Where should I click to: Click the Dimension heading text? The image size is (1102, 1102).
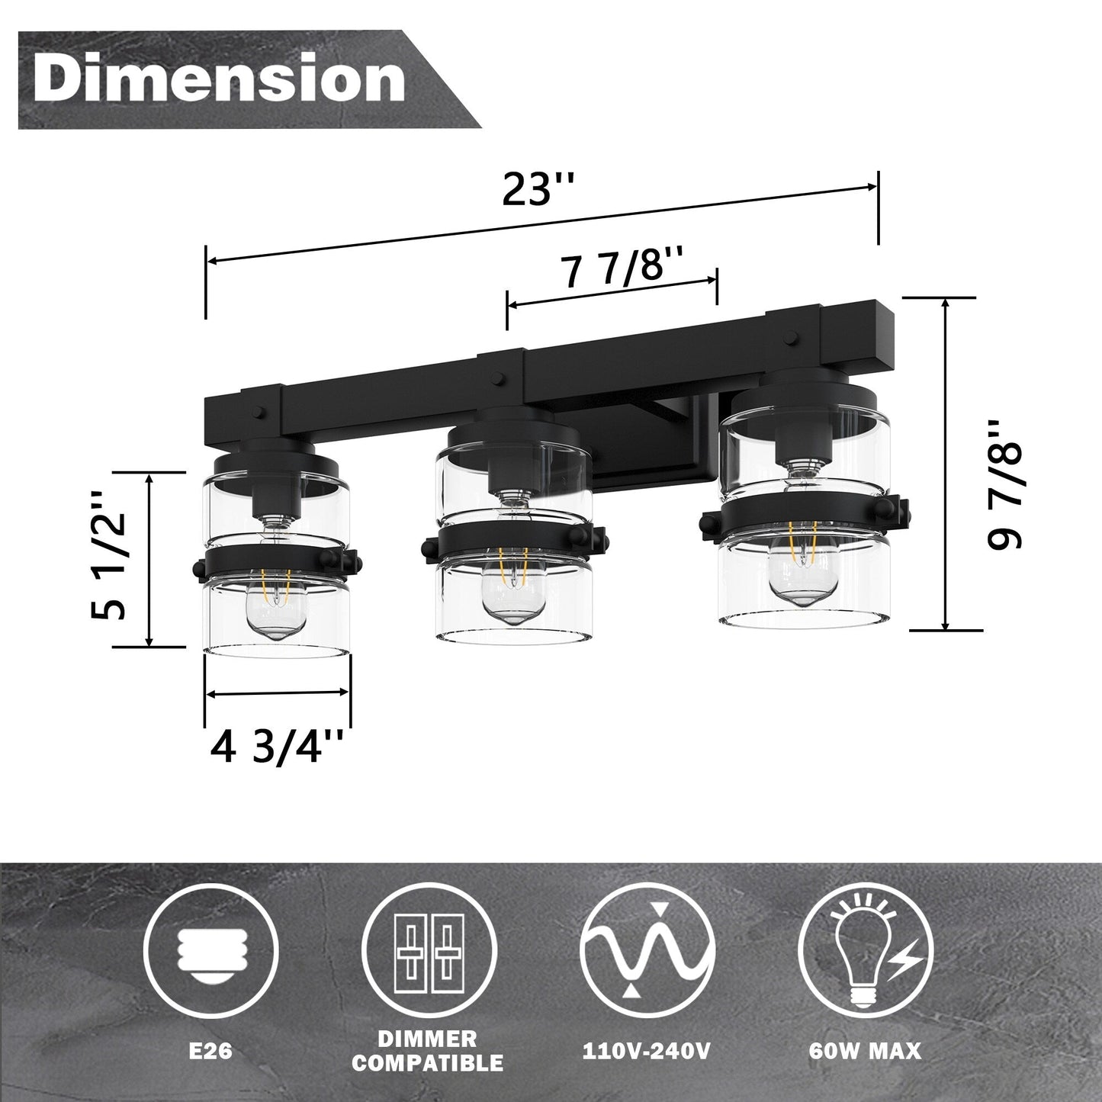pos(220,79)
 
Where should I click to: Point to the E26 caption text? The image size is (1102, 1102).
pos(210,1052)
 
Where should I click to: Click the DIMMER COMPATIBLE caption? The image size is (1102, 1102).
pos(428,1051)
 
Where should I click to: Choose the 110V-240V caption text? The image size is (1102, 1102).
pos(647,1052)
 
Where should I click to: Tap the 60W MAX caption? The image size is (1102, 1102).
pos(866,1052)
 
